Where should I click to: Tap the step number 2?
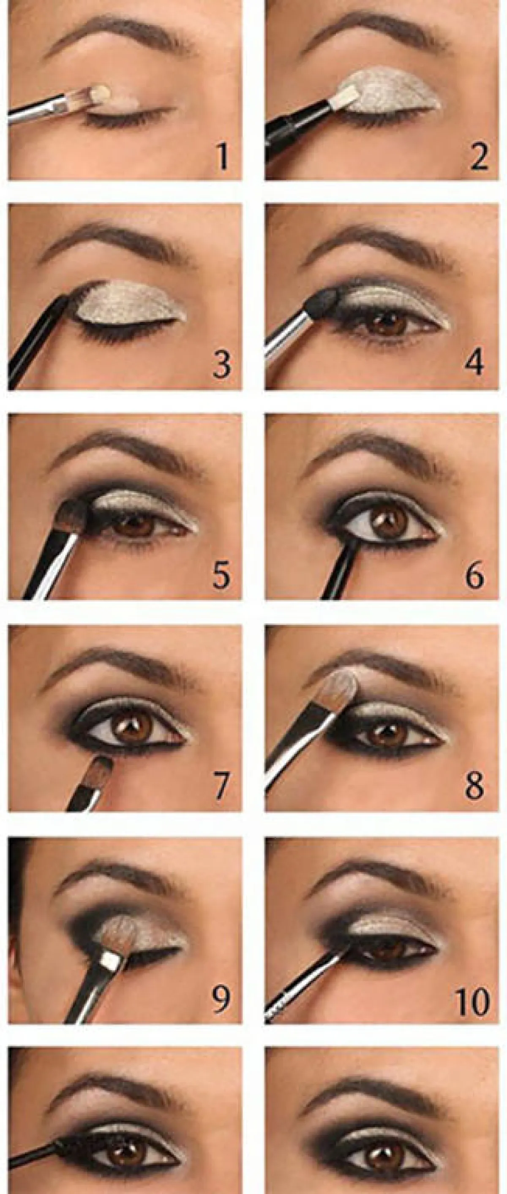[477, 156]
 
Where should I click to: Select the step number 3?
[221, 365]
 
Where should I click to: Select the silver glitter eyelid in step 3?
[131, 303]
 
